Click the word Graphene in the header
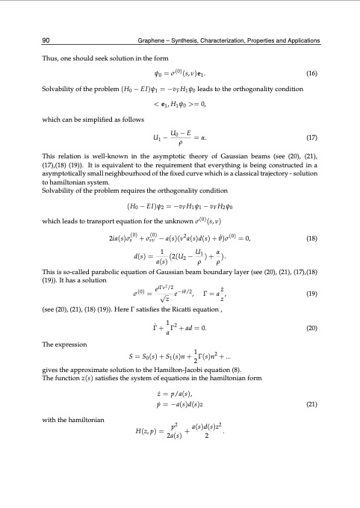pyautogui.click(x=152, y=39)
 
